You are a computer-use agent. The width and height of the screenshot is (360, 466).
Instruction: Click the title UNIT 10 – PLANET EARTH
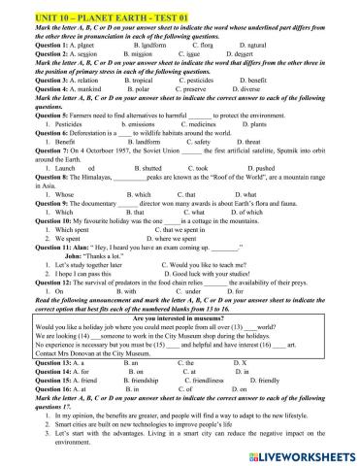click(x=68, y=7)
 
